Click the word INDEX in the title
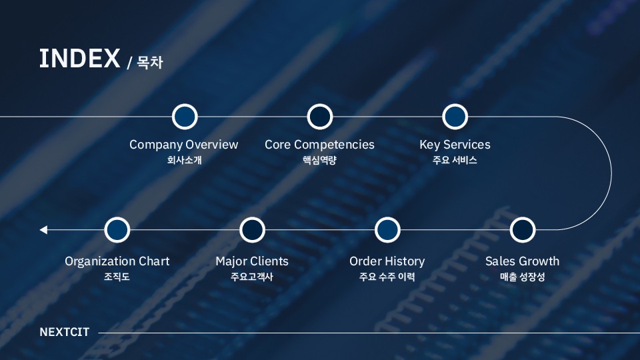(x=79, y=59)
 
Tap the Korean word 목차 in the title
(x=150, y=63)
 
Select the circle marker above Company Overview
(x=185, y=117)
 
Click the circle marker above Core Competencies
(x=320, y=117)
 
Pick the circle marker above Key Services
(x=455, y=117)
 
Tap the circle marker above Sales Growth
(x=523, y=230)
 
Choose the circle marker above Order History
(x=387, y=230)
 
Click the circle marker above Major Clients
(x=252, y=230)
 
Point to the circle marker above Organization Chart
(x=117, y=230)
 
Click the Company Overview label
(x=183, y=145)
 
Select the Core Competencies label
(x=319, y=145)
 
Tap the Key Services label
(x=455, y=145)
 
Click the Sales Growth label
(x=522, y=261)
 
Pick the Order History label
(x=387, y=261)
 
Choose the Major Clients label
(x=252, y=261)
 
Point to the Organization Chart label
(x=117, y=261)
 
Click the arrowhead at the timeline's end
(x=43, y=230)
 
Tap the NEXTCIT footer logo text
(x=64, y=332)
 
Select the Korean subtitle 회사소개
(x=184, y=161)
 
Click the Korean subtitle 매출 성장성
(x=522, y=277)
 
